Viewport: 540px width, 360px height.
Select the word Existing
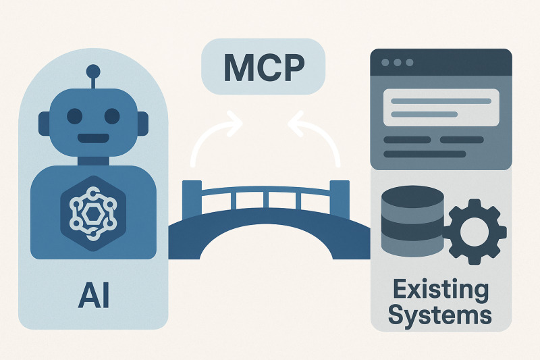point(441,290)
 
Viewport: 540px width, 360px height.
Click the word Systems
point(441,315)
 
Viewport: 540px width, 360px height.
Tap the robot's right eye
point(111,115)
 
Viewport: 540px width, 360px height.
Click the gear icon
point(474,230)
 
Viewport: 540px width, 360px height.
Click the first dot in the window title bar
point(385,62)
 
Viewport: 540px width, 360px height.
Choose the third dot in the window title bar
point(408,62)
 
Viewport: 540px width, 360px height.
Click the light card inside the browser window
point(441,107)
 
